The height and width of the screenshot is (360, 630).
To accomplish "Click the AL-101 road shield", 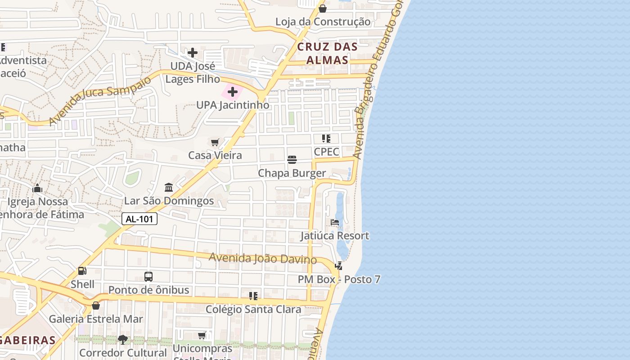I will (x=139, y=219).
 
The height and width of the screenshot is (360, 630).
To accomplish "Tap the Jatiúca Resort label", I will (x=335, y=236).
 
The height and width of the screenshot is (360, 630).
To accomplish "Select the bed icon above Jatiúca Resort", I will (x=335, y=222).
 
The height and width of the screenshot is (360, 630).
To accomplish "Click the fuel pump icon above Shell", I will (x=82, y=271).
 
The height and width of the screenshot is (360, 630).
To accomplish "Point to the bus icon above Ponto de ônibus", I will (x=148, y=276).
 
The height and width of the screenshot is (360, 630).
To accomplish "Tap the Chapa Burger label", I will (x=292, y=173).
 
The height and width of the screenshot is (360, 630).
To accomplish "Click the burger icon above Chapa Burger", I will (x=292, y=160).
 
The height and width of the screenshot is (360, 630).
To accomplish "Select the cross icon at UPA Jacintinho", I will (x=233, y=92).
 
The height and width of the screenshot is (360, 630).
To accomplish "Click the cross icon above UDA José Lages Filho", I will (x=193, y=53).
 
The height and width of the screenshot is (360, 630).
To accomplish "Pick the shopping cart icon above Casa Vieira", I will (x=215, y=143).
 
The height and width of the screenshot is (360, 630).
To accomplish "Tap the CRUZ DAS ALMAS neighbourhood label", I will (x=327, y=53).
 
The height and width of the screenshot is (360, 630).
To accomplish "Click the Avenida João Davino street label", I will (x=263, y=259).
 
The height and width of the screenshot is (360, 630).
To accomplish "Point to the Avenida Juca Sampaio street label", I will (x=100, y=100).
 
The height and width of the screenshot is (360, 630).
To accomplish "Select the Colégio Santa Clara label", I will (x=253, y=310).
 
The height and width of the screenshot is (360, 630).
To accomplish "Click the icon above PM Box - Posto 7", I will (x=338, y=266).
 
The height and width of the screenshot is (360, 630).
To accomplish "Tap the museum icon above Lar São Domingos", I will (x=169, y=187).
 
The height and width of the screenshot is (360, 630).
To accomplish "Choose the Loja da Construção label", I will (x=323, y=22).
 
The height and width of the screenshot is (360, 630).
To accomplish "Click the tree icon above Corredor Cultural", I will (x=122, y=339).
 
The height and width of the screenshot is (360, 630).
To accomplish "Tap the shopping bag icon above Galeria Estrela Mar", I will (x=96, y=306).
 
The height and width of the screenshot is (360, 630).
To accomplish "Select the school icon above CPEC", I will (x=326, y=139).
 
